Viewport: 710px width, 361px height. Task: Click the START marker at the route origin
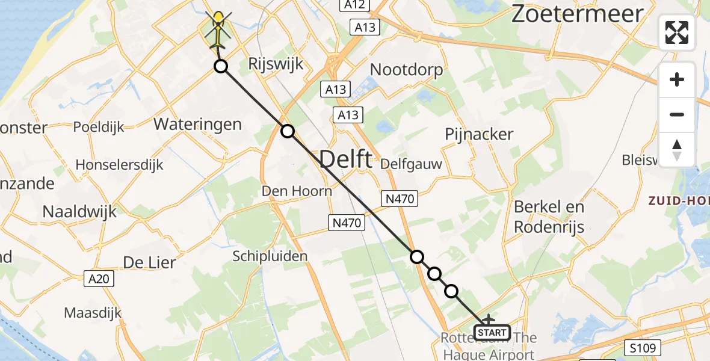[x=492, y=332]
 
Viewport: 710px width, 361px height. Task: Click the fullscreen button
[x=677, y=32]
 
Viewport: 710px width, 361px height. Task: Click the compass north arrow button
[x=677, y=150]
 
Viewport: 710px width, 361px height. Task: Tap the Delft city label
[x=345, y=159]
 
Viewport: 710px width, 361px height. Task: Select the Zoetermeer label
[x=577, y=14]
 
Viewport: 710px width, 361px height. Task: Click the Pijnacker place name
[x=479, y=134]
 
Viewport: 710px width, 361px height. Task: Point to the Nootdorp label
[x=406, y=70]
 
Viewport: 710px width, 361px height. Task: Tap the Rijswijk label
[x=270, y=64]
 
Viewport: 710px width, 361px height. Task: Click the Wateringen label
[x=198, y=125]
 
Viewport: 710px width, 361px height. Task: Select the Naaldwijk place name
[x=79, y=211]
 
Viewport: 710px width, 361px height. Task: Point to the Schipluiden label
[x=270, y=256]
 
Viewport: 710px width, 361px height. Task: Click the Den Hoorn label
[x=297, y=191]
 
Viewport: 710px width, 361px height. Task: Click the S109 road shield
[x=642, y=347]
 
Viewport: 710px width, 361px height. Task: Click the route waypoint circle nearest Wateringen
[x=288, y=131]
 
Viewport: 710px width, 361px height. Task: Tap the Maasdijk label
[x=93, y=313]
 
